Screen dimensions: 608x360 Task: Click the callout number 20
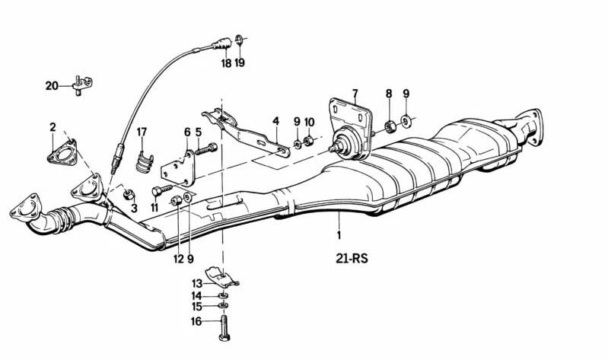tap(52, 85)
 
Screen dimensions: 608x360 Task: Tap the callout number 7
tap(355, 94)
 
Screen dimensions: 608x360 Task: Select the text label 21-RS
tap(352, 258)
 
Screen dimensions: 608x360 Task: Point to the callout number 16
tap(196, 321)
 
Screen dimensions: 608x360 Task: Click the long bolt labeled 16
tap(224, 328)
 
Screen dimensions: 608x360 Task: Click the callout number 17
tap(142, 132)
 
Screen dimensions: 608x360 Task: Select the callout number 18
tap(226, 63)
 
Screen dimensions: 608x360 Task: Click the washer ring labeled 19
tap(239, 38)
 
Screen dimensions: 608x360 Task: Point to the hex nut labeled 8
tap(390, 126)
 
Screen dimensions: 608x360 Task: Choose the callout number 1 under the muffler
tap(339, 234)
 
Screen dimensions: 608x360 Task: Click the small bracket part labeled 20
tap(82, 85)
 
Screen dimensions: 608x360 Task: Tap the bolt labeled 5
tap(206, 149)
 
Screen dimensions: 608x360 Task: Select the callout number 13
tap(197, 283)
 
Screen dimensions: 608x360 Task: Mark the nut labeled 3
tap(129, 194)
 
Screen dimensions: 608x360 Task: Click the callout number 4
tap(275, 121)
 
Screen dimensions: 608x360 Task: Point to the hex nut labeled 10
tap(309, 141)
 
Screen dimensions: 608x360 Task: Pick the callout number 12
tap(178, 259)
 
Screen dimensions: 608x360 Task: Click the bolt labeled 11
tap(161, 190)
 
